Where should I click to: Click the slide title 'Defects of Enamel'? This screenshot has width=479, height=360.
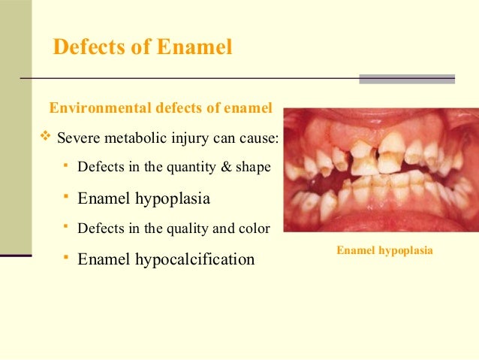(143, 47)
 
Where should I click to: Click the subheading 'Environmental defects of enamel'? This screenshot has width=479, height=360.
(160, 108)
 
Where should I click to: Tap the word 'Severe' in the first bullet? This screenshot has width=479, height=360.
(78, 139)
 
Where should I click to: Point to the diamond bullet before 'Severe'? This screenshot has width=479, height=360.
(44, 138)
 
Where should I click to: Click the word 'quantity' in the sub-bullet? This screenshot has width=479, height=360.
(188, 167)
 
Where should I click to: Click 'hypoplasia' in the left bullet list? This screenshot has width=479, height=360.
(173, 199)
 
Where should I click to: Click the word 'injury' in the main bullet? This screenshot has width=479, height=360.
(182, 139)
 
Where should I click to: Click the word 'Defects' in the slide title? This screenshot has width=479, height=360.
(84, 47)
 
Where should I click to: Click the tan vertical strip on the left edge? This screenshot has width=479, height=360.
(15, 128)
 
